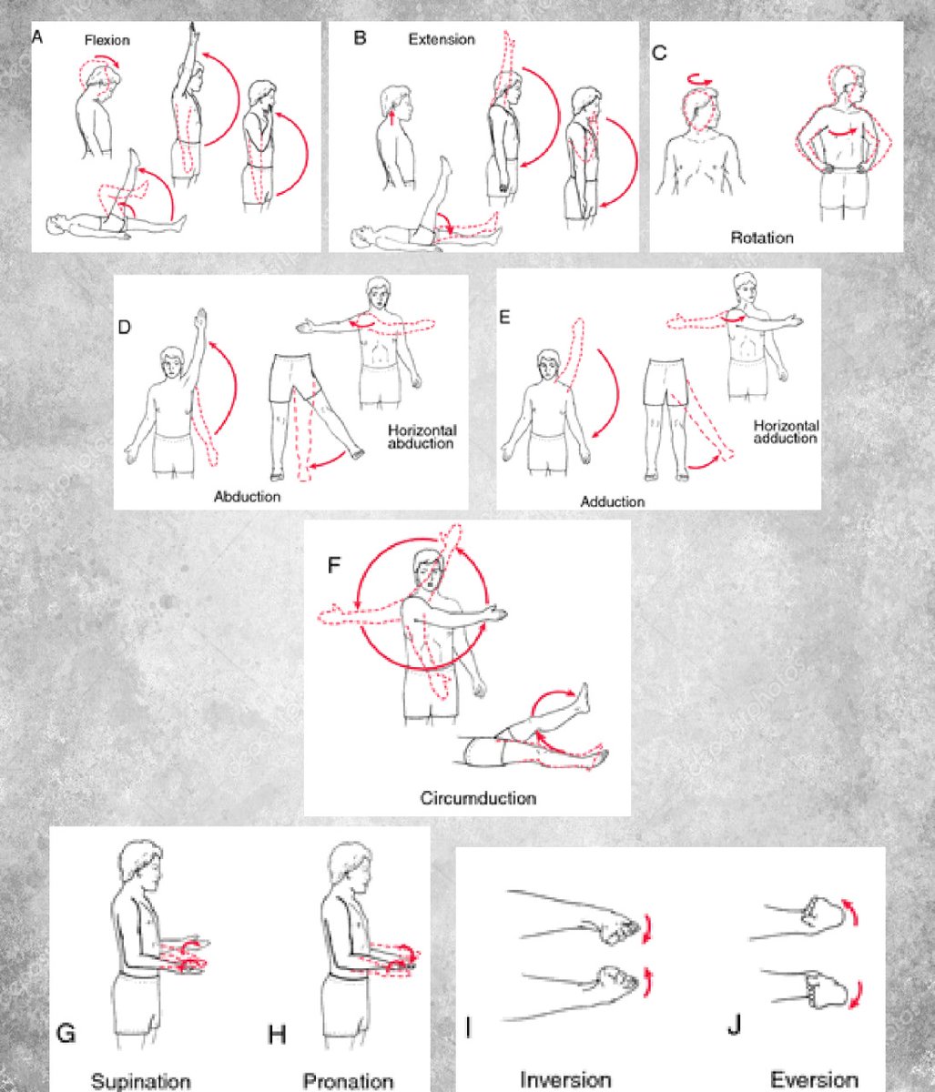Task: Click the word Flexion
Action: (107, 40)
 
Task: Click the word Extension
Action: (442, 39)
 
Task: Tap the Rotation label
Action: (762, 238)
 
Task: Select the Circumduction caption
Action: (478, 798)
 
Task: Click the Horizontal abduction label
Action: (422, 437)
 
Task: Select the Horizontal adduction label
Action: (786, 432)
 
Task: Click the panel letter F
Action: (333, 565)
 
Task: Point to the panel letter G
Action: (66, 1034)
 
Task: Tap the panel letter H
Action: (277, 1035)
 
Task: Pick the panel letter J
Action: (735, 1026)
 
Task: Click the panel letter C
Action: (659, 53)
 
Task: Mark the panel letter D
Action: (124, 327)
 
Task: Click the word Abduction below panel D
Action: (247, 497)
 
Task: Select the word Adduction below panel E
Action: (612, 502)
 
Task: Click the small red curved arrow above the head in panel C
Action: (701, 79)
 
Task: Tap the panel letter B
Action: (360, 38)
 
